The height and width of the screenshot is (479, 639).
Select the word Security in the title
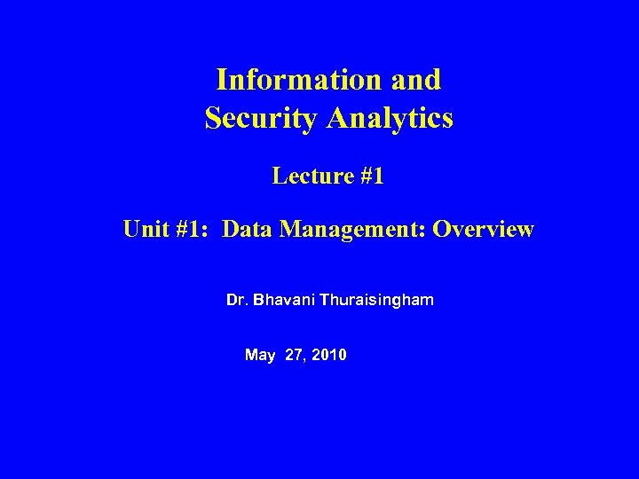pos(256,118)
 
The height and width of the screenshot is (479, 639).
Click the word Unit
pos(146,230)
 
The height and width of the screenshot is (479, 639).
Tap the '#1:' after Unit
pos(194,230)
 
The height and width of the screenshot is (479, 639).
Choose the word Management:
pos(354,230)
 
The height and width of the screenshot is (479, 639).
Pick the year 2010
pos(330,356)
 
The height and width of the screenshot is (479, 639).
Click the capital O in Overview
pos(441,230)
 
